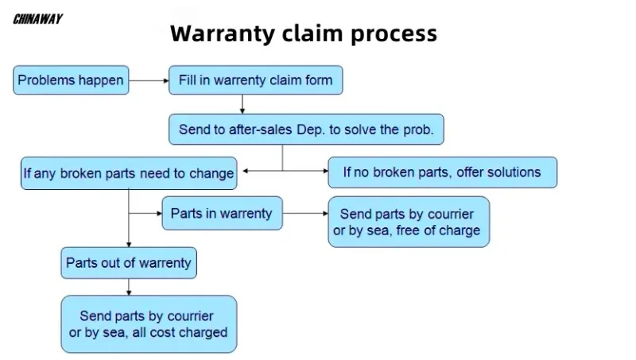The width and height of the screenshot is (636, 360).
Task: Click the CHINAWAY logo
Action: (x=37, y=19)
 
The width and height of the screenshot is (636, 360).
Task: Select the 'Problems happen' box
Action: (x=71, y=80)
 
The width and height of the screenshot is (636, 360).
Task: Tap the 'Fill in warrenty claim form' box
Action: (x=255, y=80)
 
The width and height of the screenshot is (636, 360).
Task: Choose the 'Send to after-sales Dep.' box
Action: (x=306, y=130)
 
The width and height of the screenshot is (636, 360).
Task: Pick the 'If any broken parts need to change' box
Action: (x=128, y=172)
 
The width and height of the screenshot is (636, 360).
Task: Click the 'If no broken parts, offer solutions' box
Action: (x=442, y=172)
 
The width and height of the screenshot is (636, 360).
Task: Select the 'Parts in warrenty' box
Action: (x=222, y=213)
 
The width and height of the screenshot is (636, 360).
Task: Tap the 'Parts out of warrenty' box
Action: (x=129, y=262)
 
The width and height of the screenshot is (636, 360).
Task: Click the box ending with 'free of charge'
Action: (x=409, y=222)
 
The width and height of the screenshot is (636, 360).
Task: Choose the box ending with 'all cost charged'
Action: (x=149, y=324)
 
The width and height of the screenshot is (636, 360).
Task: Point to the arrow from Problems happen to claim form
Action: (x=149, y=80)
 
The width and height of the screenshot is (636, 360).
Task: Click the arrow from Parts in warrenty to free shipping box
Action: (x=305, y=213)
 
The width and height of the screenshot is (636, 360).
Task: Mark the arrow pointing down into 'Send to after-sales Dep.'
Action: (x=242, y=104)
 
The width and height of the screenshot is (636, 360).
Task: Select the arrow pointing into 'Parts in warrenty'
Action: (x=146, y=213)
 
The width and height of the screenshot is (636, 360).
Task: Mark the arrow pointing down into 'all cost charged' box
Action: (x=129, y=288)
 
